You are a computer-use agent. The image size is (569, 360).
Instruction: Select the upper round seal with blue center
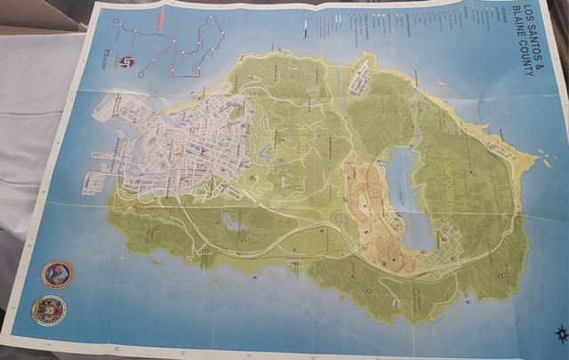pos(57,273)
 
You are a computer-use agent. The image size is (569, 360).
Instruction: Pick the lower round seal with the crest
pos(48,309)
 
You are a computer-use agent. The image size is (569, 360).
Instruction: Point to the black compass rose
pos(560,335)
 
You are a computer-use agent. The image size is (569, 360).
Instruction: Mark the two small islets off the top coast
pos(442,86)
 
